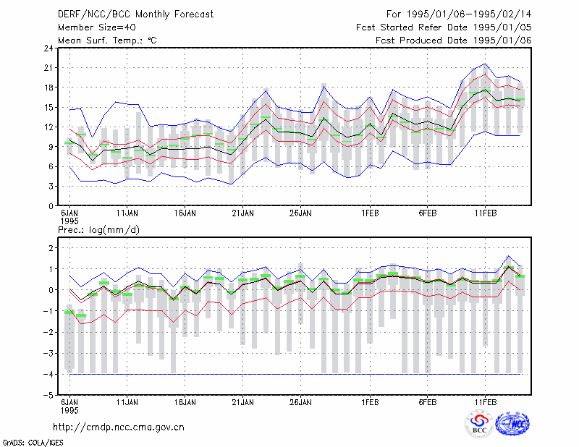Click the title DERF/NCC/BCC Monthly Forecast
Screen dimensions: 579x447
[x=135, y=14]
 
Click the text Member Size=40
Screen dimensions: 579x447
[x=97, y=27]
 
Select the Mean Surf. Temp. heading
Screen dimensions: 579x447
[x=107, y=41]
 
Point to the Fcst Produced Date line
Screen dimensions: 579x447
[x=453, y=41]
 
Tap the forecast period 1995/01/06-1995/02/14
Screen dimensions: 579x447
[x=459, y=14]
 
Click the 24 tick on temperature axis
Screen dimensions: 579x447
[x=48, y=48]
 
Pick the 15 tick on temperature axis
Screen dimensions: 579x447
[x=48, y=108]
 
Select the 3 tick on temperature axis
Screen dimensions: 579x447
[x=51, y=187]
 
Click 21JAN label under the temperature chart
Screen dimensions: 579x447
[x=242, y=213]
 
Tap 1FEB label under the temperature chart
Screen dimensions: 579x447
[x=370, y=213]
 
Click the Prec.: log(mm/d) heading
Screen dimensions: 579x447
[x=98, y=230]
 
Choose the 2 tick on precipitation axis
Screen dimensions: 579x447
[x=51, y=247]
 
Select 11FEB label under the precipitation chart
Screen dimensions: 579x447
[x=485, y=402]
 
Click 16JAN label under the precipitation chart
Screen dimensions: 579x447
[x=185, y=402]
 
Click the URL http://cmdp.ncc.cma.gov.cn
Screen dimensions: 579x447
[x=119, y=427]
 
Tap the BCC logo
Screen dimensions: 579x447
[x=479, y=424]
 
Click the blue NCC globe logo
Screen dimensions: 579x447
[x=513, y=424]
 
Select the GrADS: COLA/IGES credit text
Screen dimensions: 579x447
[x=33, y=443]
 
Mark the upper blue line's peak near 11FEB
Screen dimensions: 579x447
[x=485, y=64]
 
